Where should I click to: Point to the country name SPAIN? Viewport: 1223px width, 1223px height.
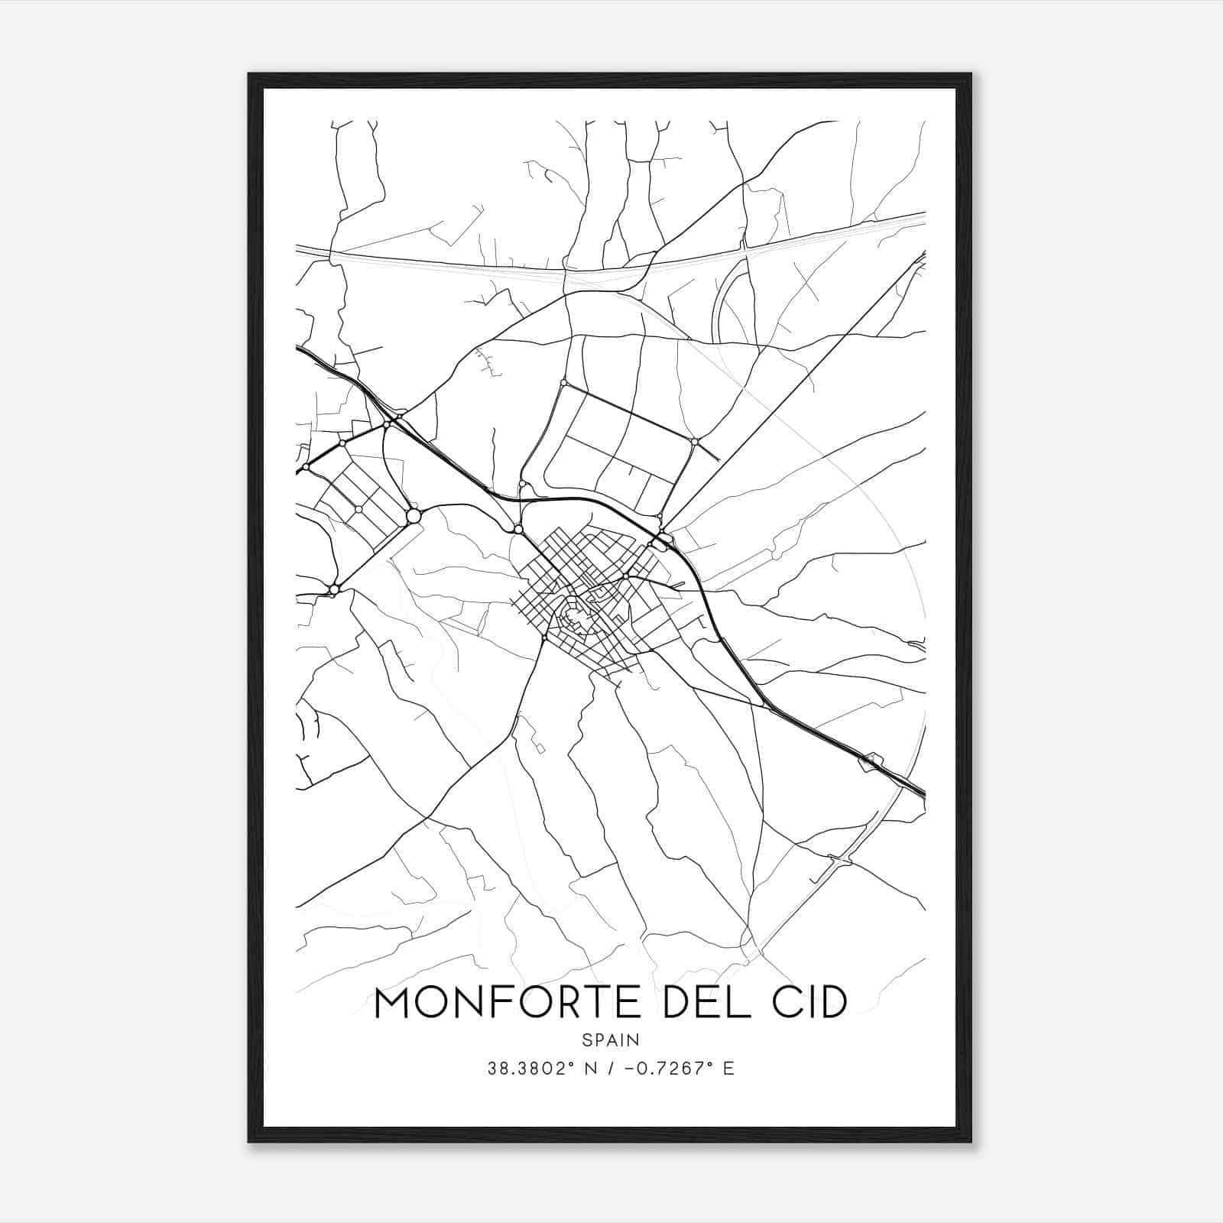tap(610, 1040)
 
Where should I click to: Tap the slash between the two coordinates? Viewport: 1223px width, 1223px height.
tap(611, 1069)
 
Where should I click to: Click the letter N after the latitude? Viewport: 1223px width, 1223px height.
tap(589, 1069)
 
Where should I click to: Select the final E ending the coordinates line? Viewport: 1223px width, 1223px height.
tap(728, 1069)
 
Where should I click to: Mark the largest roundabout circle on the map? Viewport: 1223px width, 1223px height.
tap(414, 516)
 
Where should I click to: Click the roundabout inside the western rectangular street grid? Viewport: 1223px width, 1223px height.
tap(358, 509)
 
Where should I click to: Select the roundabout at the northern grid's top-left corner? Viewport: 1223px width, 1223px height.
tap(563, 382)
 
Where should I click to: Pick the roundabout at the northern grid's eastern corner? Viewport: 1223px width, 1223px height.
tap(694, 441)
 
